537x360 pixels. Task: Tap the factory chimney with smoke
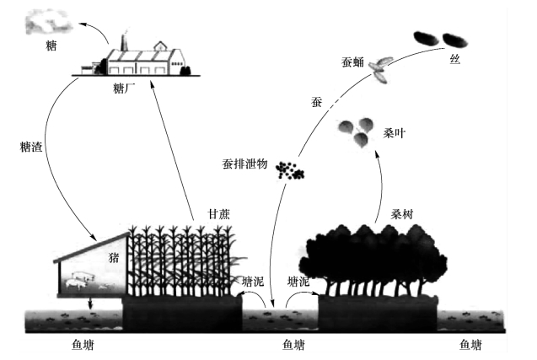(124, 41)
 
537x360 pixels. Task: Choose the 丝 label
(455, 63)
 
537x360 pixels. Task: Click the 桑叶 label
(395, 132)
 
